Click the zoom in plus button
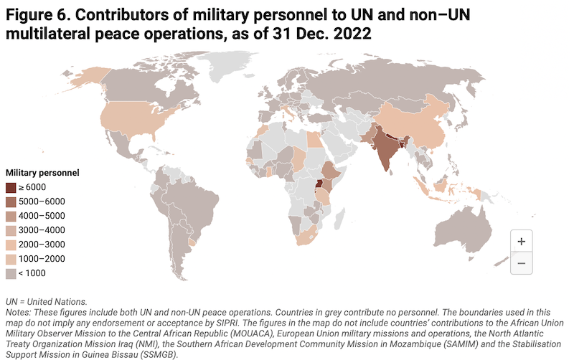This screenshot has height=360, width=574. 521,242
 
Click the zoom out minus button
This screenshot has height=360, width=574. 521,263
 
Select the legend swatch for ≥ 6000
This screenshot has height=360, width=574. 11,187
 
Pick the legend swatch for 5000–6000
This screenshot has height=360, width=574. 11,202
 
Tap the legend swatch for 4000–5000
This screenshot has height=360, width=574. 11,216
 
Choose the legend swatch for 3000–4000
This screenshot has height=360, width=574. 11,230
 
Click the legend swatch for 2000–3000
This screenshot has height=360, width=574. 11,245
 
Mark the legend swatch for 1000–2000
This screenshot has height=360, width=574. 11,259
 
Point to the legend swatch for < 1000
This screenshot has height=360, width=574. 11,273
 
